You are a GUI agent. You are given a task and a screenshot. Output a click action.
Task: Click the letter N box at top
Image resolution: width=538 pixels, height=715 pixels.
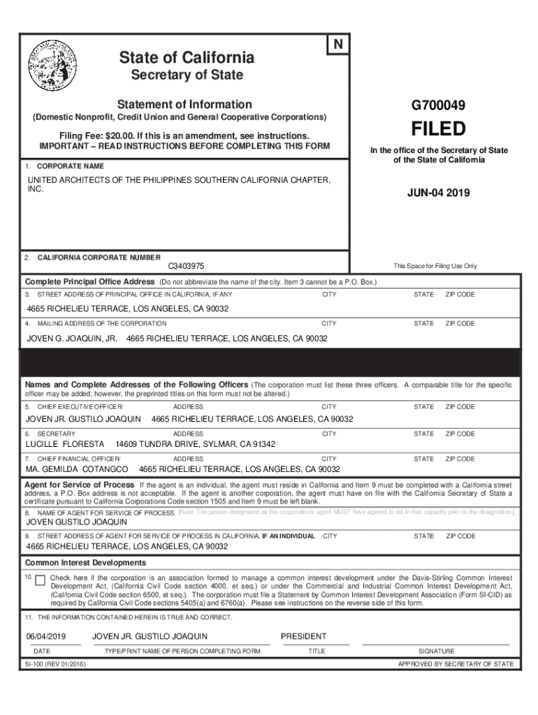pos(338,45)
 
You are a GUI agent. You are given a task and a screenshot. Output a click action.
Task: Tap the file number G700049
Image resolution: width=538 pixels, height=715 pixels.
pos(439,106)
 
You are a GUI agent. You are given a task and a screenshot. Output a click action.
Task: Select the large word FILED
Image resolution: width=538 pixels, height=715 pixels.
pos(438,129)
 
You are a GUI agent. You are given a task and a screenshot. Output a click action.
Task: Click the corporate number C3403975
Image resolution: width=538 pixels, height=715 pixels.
pos(186,267)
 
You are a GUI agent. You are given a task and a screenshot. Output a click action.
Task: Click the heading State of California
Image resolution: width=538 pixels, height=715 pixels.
pos(187,57)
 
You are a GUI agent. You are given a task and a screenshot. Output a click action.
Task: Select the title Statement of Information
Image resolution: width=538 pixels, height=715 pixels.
pos(184,104)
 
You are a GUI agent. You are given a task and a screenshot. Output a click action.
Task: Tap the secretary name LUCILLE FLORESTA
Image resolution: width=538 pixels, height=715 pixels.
pos(65,444)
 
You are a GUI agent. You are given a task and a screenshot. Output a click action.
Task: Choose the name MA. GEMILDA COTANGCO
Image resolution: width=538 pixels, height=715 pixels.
pos(77,469)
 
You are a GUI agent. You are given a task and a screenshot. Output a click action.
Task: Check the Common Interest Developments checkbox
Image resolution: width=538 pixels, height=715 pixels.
pos(40,580)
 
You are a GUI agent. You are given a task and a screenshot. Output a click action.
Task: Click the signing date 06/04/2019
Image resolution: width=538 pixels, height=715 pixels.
pos(45,637)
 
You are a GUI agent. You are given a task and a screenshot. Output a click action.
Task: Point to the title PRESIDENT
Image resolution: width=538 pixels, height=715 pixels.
pos(303,637)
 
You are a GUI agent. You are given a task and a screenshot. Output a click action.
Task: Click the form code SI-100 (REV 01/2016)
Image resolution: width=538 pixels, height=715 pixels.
pos(56,665)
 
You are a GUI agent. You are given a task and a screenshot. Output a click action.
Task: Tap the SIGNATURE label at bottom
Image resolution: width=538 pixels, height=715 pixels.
pos(436,651)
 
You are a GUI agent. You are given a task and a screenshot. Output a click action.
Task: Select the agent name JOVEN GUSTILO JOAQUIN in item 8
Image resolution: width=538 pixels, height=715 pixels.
pos(77,522)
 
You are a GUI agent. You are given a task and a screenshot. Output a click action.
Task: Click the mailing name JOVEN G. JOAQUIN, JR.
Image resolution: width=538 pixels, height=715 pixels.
pos(72,338)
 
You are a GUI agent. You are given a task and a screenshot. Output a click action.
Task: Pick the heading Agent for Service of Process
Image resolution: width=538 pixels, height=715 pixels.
pos(80,485)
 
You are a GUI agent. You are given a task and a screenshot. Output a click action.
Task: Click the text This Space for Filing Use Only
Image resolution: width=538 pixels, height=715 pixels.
pos(435,266)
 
